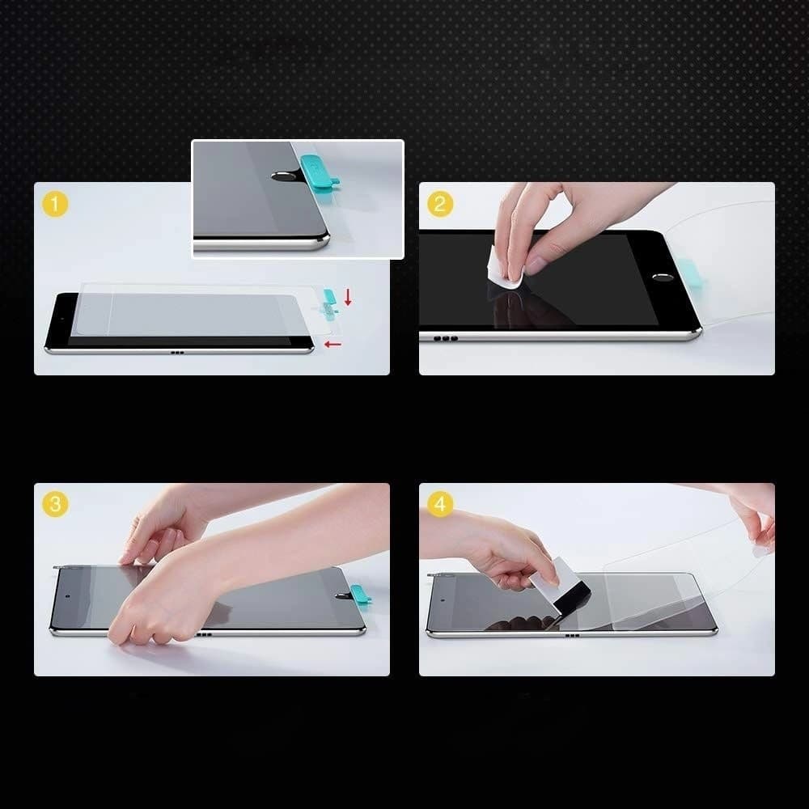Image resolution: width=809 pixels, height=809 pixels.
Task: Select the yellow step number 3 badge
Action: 55,504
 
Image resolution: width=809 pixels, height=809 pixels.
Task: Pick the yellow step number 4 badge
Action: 439,504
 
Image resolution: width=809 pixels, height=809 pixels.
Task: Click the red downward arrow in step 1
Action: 348,297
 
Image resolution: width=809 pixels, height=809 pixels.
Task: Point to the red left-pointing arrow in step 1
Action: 332,344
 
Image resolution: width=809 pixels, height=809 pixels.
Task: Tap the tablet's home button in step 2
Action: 665,277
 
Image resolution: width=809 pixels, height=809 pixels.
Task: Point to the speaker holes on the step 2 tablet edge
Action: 445,337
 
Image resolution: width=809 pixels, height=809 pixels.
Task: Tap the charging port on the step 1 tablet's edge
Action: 177,353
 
